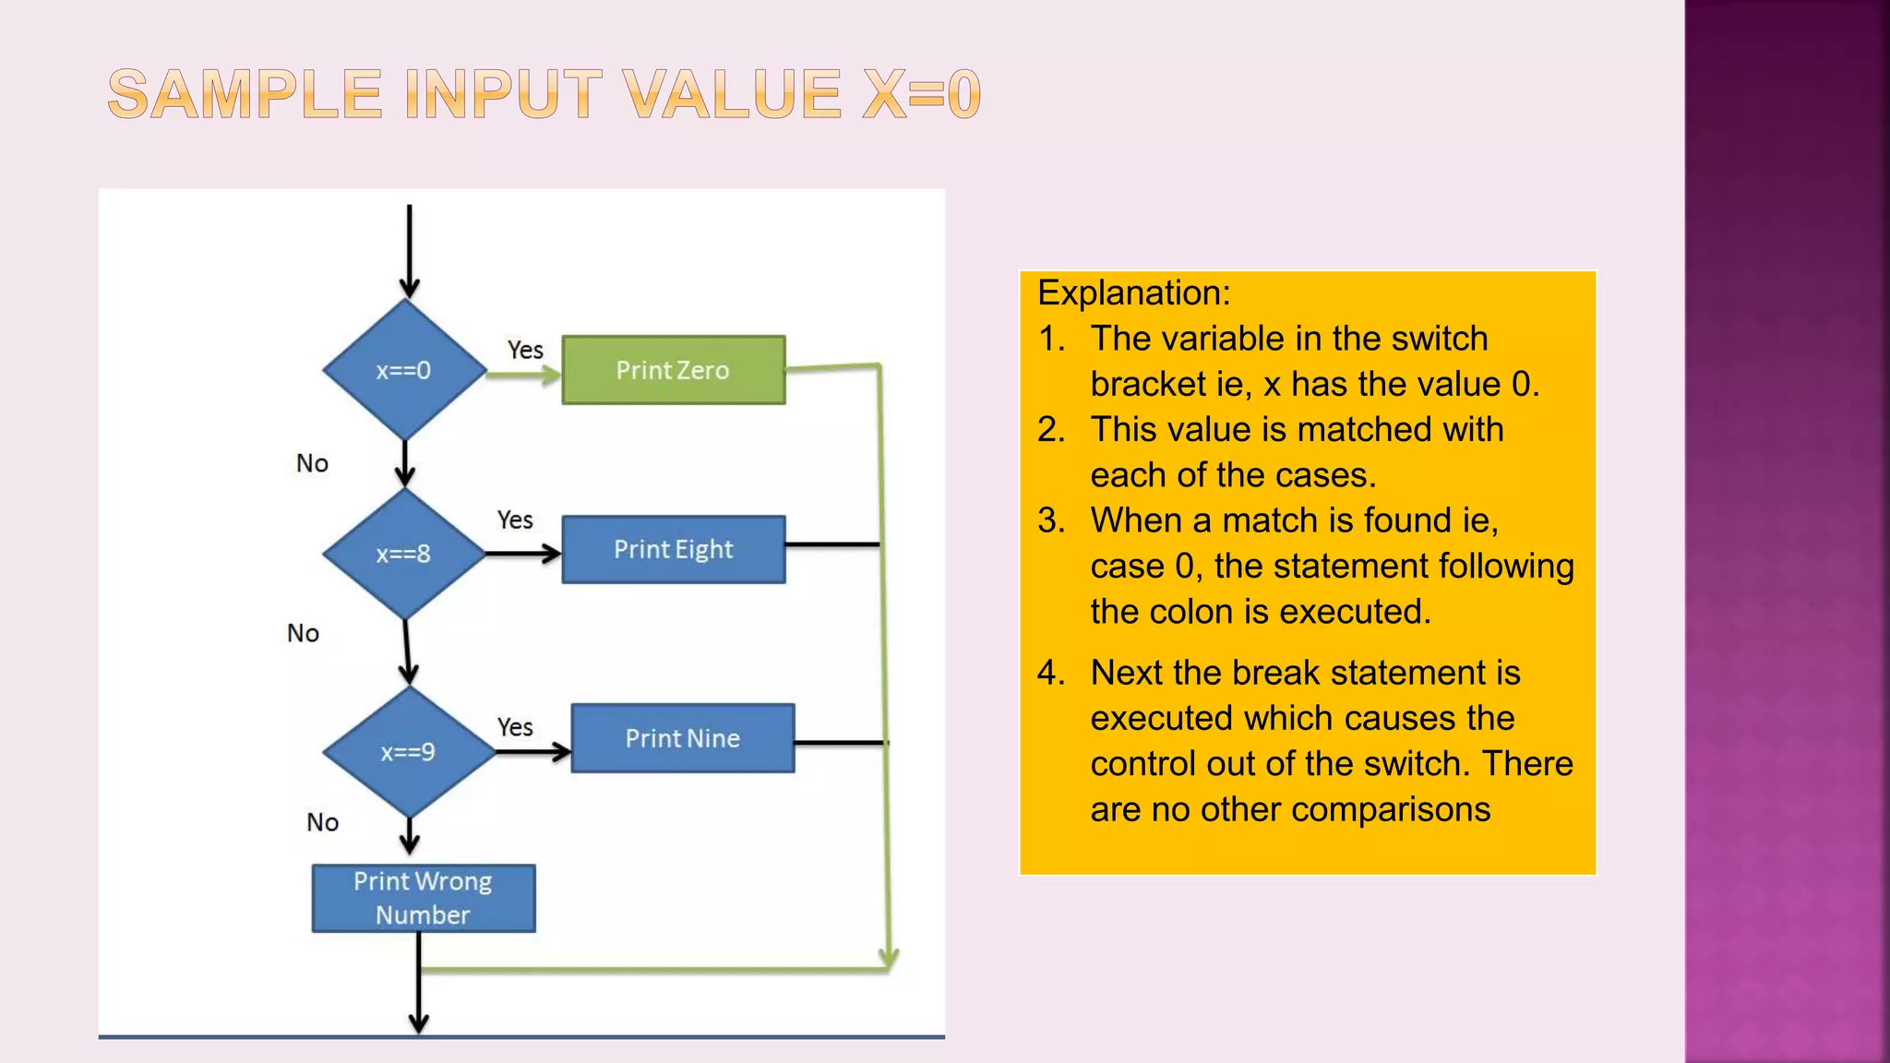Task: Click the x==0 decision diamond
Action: (x=404, y=370)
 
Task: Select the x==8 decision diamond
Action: (x=404, y=554)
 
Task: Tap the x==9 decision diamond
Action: (x=408, y=752)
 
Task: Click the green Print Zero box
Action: (x=674, y=370)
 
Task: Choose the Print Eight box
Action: (x=674, y=550)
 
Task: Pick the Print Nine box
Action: (x=683, y=738)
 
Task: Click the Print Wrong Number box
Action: (x=424, y=898)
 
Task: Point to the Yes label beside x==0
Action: (x=525, y=350)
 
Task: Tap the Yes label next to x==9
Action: (x=515, y=727)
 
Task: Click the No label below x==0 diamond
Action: (x=312, y=463)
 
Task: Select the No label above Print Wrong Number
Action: (x=322, y=822)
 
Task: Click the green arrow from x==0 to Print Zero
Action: (x=522, y=375)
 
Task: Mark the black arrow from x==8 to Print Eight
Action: (x=522, y=554)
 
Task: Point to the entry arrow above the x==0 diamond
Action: (x=410, y=249)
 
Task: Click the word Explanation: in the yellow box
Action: (x=1133, y=293)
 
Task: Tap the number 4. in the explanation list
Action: (x=1050, y=673)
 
